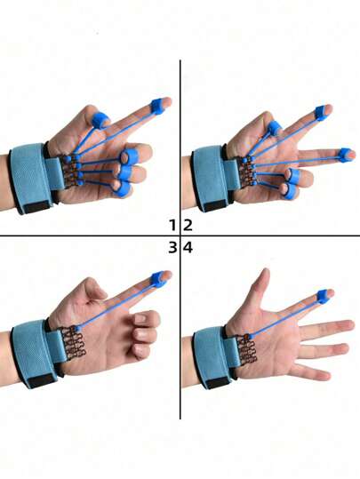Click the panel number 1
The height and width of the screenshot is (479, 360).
coord(173,225)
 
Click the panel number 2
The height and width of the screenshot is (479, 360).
coord(188,225)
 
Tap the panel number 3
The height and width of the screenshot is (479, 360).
coord(172,247)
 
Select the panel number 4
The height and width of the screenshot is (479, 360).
coord(188,247)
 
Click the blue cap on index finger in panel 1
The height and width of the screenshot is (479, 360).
coord(158,106)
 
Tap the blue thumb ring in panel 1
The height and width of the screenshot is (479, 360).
coord(100,120)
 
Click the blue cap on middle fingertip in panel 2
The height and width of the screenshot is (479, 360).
coord(346,155)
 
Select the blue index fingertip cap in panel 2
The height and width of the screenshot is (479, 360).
coord(321,111)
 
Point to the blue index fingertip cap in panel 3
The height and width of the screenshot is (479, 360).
coord(159,279)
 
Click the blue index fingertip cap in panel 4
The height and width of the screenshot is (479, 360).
coord(324,296)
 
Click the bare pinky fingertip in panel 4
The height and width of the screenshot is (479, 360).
coord(324,375)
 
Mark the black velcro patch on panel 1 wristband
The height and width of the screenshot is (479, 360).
coord(37,207)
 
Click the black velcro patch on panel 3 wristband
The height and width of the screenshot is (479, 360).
coord(41,380)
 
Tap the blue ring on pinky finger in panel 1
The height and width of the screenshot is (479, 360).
coord(122,189)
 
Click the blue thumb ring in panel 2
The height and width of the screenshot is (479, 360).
coord(274,128)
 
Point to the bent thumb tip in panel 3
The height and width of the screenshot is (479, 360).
coord(100,289)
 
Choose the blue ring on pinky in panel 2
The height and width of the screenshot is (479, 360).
coord(289,192)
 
